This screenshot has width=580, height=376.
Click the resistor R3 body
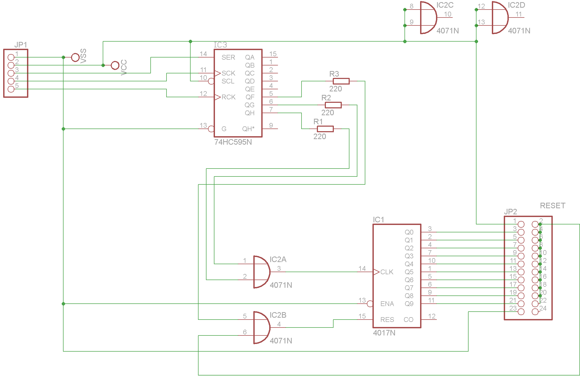[341, 81]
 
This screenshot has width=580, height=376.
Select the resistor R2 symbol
[333, 105]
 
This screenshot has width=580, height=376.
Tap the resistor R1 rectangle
[325, 129]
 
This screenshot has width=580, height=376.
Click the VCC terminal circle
[115, 65]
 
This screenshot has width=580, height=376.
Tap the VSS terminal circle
[75, 57]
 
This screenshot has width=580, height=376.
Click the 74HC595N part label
[233, 142]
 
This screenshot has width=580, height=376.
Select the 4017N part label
[384, 333]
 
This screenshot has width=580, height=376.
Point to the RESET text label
[552, 206]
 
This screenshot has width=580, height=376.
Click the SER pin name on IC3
[228, 57]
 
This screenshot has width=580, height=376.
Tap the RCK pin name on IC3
[228, 97]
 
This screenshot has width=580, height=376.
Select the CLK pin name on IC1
[387, 272]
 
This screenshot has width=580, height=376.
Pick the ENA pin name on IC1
[387, 304]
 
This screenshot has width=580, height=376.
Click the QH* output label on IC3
[248, 129]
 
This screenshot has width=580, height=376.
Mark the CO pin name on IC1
[408, 320]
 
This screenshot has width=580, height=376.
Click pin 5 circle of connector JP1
[11, 89]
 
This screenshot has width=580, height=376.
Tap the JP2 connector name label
[510, 212]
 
